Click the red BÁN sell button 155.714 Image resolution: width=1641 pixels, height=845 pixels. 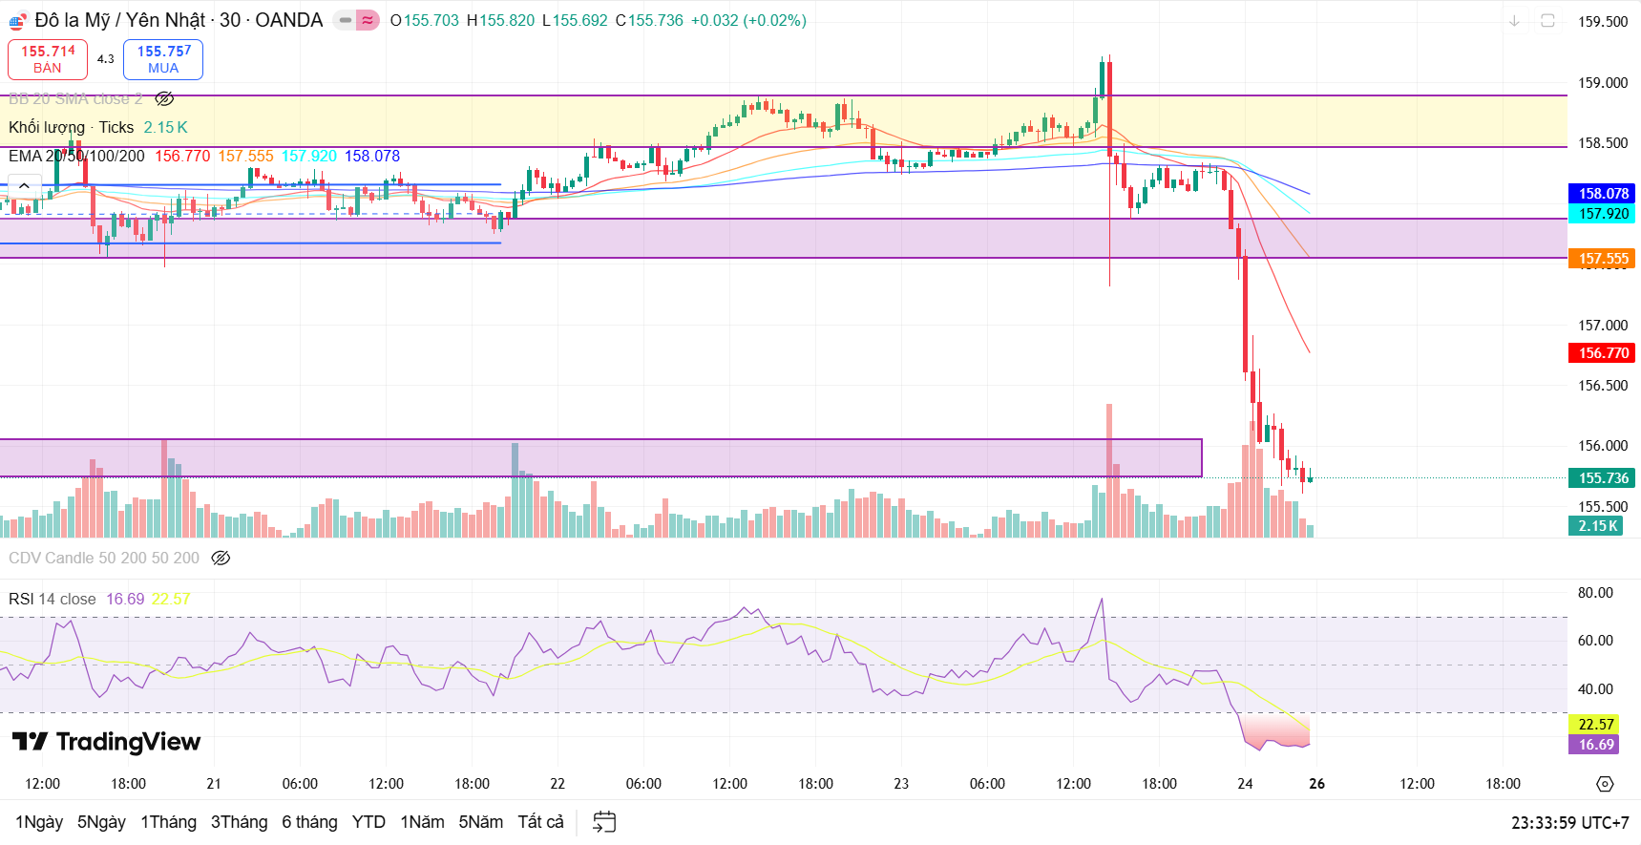point(48,59)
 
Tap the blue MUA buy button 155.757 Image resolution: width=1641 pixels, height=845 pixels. point(163,59)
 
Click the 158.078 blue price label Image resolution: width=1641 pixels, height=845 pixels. point(1603,194)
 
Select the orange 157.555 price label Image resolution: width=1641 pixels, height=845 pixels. point(1603,259)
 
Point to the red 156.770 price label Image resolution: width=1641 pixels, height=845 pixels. point(1603,353)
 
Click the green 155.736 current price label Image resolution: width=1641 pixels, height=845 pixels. point(1603,478)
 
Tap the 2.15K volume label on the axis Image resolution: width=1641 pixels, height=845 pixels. point(1596,526)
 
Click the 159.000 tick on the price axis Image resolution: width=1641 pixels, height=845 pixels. point(1602,83)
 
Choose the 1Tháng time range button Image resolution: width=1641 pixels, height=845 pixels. point(168,822)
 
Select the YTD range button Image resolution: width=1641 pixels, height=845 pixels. point(368,822)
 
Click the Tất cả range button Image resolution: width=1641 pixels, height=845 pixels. point(540,822)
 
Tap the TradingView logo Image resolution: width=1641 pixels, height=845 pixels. point(107,742)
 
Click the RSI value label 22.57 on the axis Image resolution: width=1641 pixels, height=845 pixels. point(1595,725)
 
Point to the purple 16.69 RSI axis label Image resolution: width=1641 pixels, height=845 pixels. point(1595,745)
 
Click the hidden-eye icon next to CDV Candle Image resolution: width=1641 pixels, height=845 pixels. point(221,558)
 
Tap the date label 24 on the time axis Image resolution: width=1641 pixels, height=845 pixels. point(1245,784)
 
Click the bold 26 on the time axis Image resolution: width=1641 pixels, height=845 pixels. point(1317,784)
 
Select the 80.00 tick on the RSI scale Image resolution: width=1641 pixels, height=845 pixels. point(1594,593)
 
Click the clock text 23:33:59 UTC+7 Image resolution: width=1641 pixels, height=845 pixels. point(1569,823)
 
